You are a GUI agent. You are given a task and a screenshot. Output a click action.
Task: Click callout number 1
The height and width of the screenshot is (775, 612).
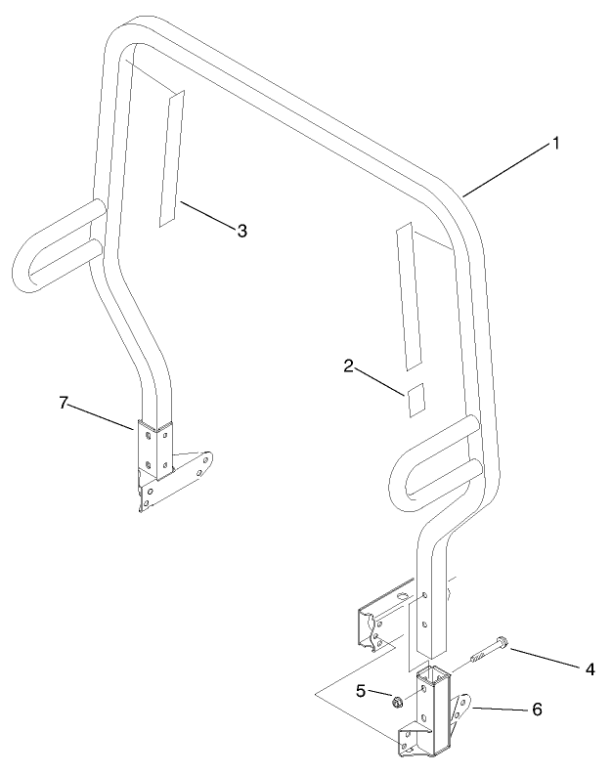tap(555, 144)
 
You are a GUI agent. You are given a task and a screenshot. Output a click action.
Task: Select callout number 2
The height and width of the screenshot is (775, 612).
tap(348, 366)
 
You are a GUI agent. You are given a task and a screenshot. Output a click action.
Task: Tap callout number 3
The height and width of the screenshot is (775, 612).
tap(241, 231)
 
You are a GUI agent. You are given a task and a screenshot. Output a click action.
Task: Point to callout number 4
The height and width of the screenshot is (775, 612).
tap(590, 669)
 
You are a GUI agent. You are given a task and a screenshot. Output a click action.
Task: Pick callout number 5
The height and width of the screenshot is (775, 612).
tap(361, 691)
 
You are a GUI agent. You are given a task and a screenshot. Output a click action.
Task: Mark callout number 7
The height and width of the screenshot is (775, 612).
tap(65, 403)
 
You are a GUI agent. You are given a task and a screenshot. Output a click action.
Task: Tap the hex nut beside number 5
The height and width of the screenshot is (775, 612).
tap(397, 701)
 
